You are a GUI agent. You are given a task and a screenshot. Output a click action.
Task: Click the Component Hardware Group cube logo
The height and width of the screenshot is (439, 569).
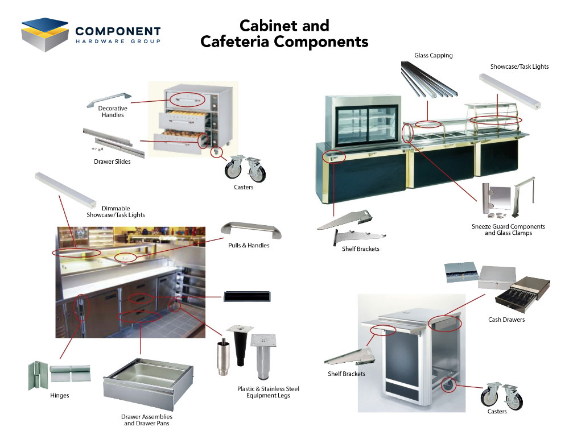[x=45, y=35]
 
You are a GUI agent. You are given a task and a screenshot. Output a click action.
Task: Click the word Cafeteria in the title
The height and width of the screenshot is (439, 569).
[x=235, y=42]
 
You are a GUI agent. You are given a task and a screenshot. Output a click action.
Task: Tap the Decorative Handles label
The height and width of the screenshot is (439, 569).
[x=113, y=112]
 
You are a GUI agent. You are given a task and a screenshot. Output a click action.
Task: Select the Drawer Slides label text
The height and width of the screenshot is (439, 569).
[x=112, y=162]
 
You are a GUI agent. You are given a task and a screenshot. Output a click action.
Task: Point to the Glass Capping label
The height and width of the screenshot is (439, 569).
[x=433, y=56]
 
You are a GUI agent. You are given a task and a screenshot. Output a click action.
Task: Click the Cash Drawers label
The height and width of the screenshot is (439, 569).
[x=506, y=320]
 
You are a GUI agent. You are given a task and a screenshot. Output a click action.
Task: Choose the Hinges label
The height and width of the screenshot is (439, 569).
[x=60, y=395]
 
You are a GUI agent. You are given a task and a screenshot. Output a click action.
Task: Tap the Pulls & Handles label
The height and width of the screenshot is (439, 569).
[x=249, y=245]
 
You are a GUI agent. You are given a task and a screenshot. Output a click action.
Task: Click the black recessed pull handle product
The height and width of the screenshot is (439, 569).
[x=247, y=296]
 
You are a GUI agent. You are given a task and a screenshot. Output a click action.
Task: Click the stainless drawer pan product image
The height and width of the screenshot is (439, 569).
[x=148, y=383]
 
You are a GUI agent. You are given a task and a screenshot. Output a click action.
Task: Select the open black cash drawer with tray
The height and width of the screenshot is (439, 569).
[x=522, y=295]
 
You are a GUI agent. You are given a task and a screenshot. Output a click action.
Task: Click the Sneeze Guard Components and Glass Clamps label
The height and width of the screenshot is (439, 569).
[x=508, y=230]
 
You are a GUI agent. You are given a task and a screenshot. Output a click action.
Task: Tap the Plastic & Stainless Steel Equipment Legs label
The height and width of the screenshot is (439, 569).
[x=268, y=392]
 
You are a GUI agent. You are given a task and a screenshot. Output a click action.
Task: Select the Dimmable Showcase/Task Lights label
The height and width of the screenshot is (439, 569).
[x=116, y=212]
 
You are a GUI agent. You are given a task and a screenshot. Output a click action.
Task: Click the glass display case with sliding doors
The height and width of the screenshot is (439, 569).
[x=363, y=121]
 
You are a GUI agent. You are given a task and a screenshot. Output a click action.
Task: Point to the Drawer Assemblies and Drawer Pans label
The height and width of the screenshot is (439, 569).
[x=147, y=420]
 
